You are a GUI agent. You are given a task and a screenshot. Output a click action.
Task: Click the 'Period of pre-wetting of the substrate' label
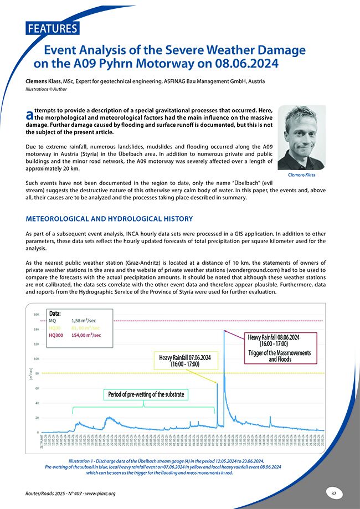pos(144,394)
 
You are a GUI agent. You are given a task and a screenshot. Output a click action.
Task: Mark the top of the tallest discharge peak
pos(224,331)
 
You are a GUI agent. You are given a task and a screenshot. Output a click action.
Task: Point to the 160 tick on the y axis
pos(37,315)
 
